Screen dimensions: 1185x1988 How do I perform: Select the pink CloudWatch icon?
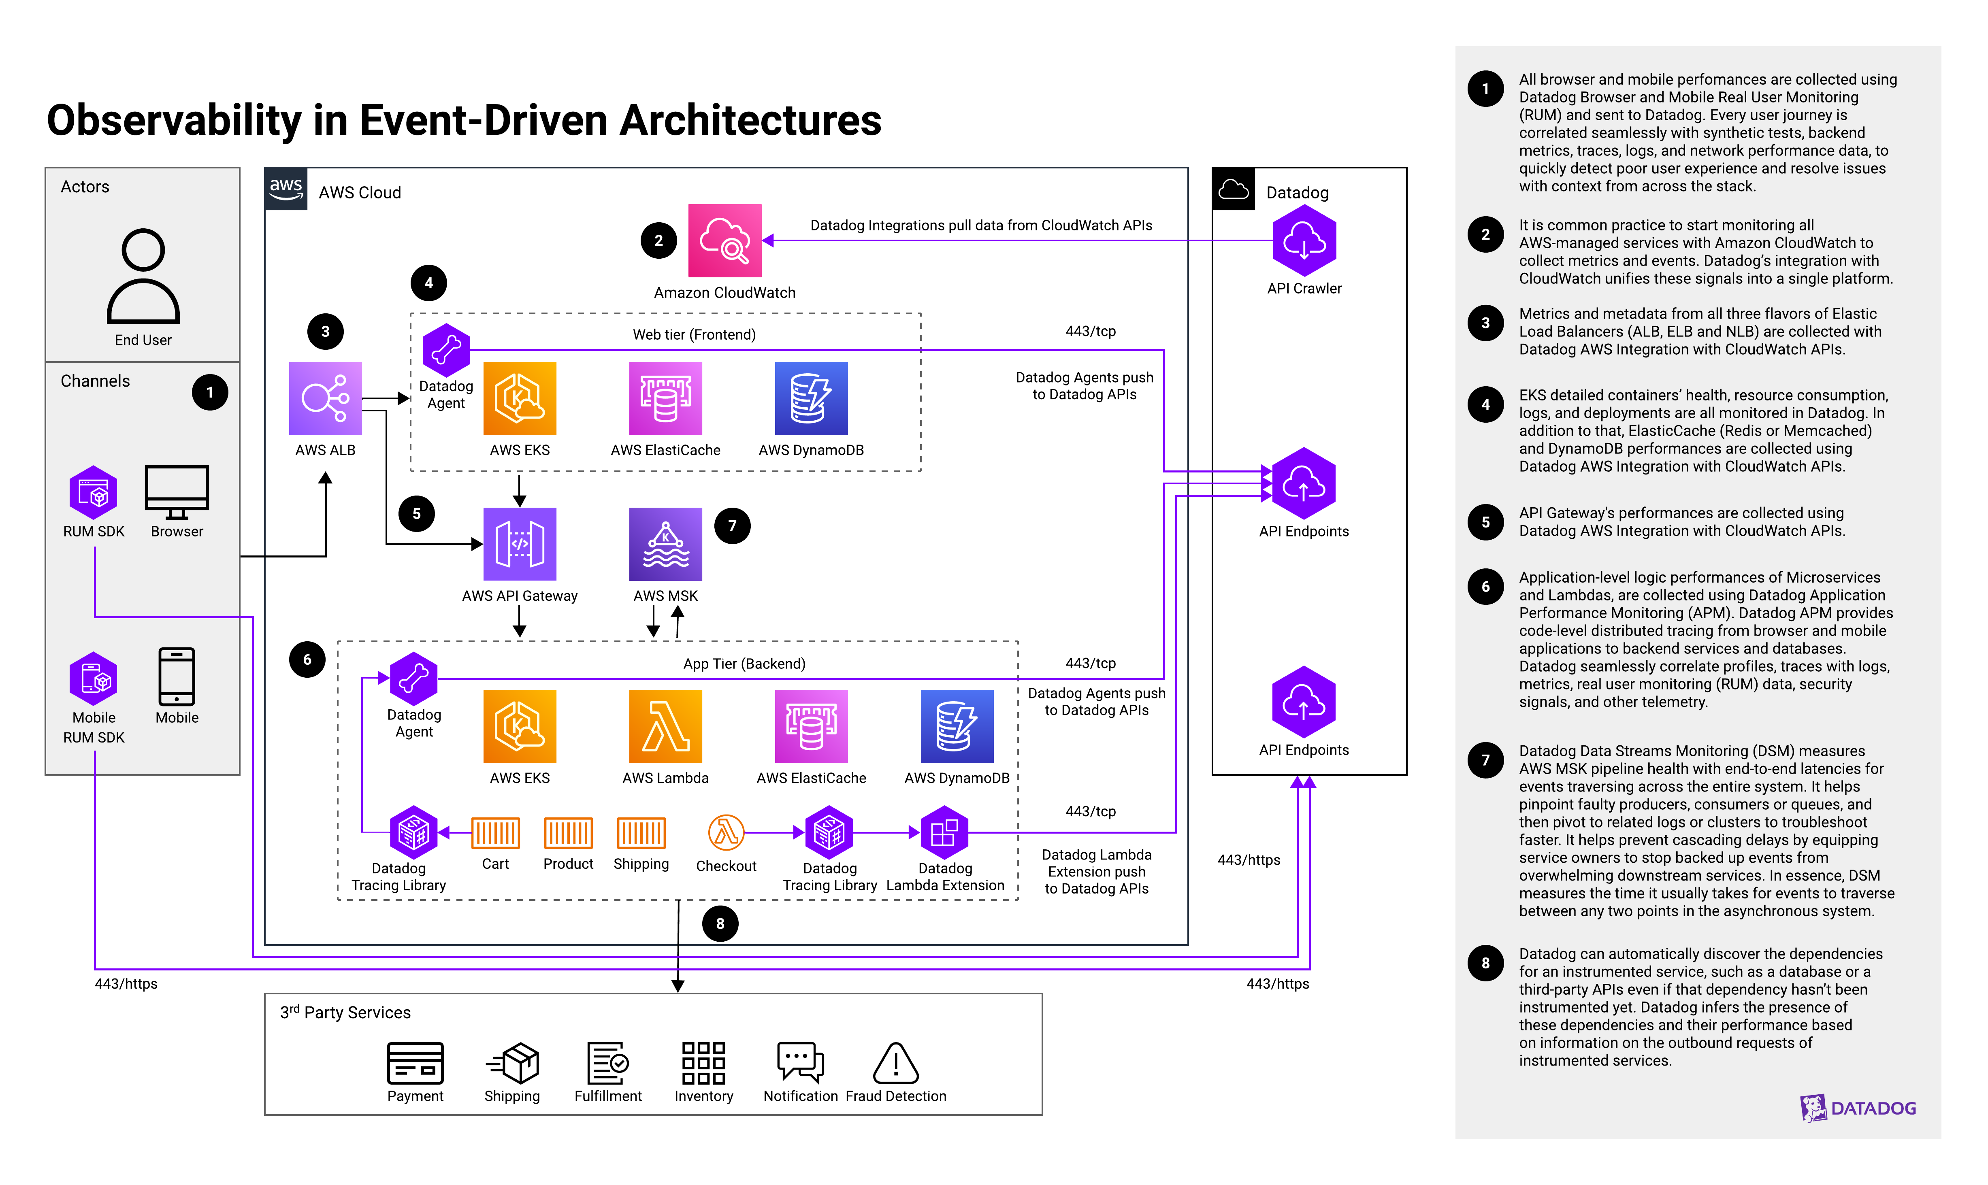click(x=724, y=240)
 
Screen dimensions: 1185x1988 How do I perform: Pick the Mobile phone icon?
click(x=177, y=677)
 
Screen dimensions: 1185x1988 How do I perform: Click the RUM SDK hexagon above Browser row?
click(x=94, y=493)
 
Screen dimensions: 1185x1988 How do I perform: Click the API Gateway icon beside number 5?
click(x=519, y=544)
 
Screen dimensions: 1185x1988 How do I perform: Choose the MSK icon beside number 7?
click(x=665, y=544)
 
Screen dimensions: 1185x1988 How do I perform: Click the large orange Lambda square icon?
click(x=665, y=726)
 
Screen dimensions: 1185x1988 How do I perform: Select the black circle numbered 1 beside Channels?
click(x=210, y=392)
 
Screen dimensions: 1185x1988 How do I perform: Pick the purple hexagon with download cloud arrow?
click(x=1304, y=240)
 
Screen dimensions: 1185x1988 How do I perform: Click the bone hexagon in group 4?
click(x=446, y=350)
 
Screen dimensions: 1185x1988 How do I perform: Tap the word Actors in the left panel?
click(x=85, y=186)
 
